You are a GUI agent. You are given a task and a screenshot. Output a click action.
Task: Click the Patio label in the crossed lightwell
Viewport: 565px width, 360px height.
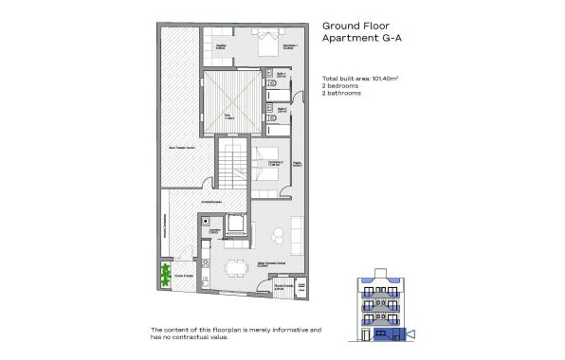click(x=228, y=116)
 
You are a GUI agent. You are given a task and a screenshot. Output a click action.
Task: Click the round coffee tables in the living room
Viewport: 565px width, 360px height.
click(x=277, y=236)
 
